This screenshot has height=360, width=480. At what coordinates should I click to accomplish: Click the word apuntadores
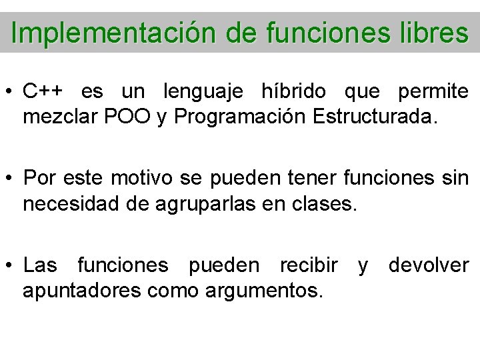(x=77, y=291)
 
